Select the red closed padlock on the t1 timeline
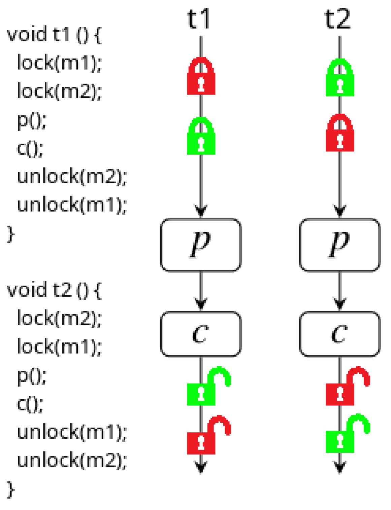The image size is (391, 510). tap(201, 77)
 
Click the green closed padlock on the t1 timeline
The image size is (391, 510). tap(201, 136)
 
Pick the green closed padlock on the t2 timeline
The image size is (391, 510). tap(340, 78)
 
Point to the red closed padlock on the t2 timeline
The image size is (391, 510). tap(340, 133)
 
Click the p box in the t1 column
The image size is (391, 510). tap(201, 245)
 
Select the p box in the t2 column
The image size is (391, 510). tap(339, 245)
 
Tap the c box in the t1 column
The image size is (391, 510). tap(201, 334)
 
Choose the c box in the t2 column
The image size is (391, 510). tap(339, 334)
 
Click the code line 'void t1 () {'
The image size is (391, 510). tap(54, 34)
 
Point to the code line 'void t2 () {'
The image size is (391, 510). tap(54, 290)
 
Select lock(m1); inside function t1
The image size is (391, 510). tap(59, 63)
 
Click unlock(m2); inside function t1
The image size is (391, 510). tap(72, 176)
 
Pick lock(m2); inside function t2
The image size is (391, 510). tap(59, 318)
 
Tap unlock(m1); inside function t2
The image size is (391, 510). tap(72, 432)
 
